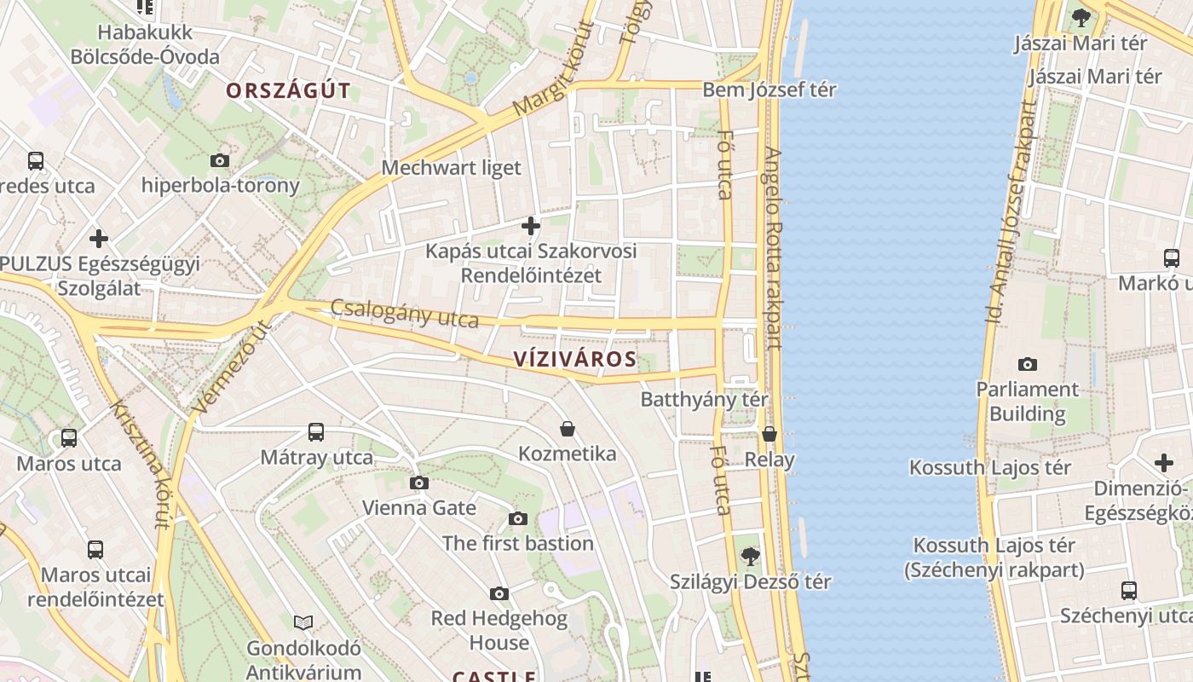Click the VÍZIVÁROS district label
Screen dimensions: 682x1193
click(x=575, y=359)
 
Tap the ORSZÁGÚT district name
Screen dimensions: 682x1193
click(x=288, y=91)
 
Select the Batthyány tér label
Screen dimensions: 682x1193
click(x=704, y=399)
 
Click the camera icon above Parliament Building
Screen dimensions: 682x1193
click(x=1028, y=364)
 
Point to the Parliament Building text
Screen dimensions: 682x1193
click(x=1027, y=402)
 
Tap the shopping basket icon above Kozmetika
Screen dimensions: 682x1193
click(x=568, y=428)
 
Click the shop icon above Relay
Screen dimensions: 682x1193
click(x=769, y=434)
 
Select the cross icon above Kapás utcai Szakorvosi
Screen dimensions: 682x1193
click(x=531, y=226)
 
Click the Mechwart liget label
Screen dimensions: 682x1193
click(x=451, y=167)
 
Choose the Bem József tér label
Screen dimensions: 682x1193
click(x=769, y=90)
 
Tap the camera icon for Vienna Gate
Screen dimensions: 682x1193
click(x=418, y=483)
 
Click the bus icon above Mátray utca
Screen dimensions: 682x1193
click(x=316, y=432)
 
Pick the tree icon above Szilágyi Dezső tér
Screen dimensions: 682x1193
click(x=750, y=556)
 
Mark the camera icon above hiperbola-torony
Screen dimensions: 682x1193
click(x=220, y=160)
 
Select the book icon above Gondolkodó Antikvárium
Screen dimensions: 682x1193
click(x=303, y=622)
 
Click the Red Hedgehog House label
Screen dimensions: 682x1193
click(x=499, y=630)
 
